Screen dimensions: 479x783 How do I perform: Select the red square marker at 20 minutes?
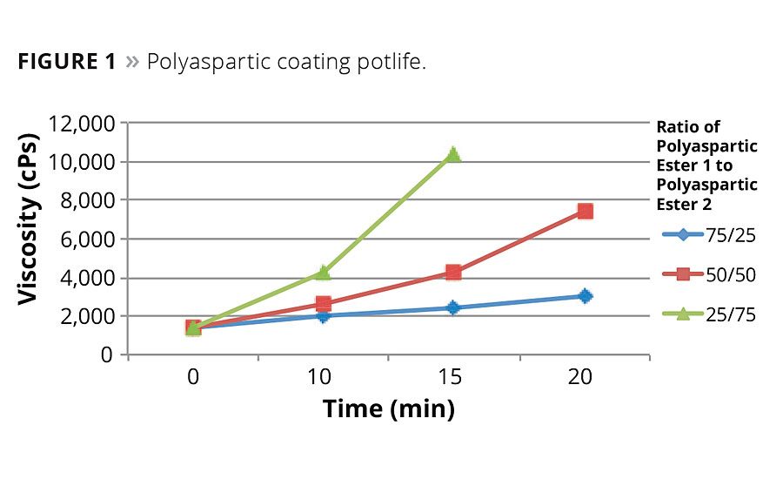(x=585, y=211)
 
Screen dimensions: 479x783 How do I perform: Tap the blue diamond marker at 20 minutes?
(x=585, y=296)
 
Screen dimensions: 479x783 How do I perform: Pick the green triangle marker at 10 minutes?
(x=323, y=273)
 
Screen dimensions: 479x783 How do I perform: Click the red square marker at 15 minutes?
(x=453, y=272)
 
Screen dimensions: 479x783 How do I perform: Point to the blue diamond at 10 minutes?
(x=323, y=315)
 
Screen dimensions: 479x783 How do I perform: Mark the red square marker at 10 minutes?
(x=323, y=304)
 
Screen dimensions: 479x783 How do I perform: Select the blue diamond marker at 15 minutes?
(x=453, y=307)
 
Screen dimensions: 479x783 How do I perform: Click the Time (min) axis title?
(x=389, y=408)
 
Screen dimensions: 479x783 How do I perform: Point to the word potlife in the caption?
(x=391, y=64)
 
